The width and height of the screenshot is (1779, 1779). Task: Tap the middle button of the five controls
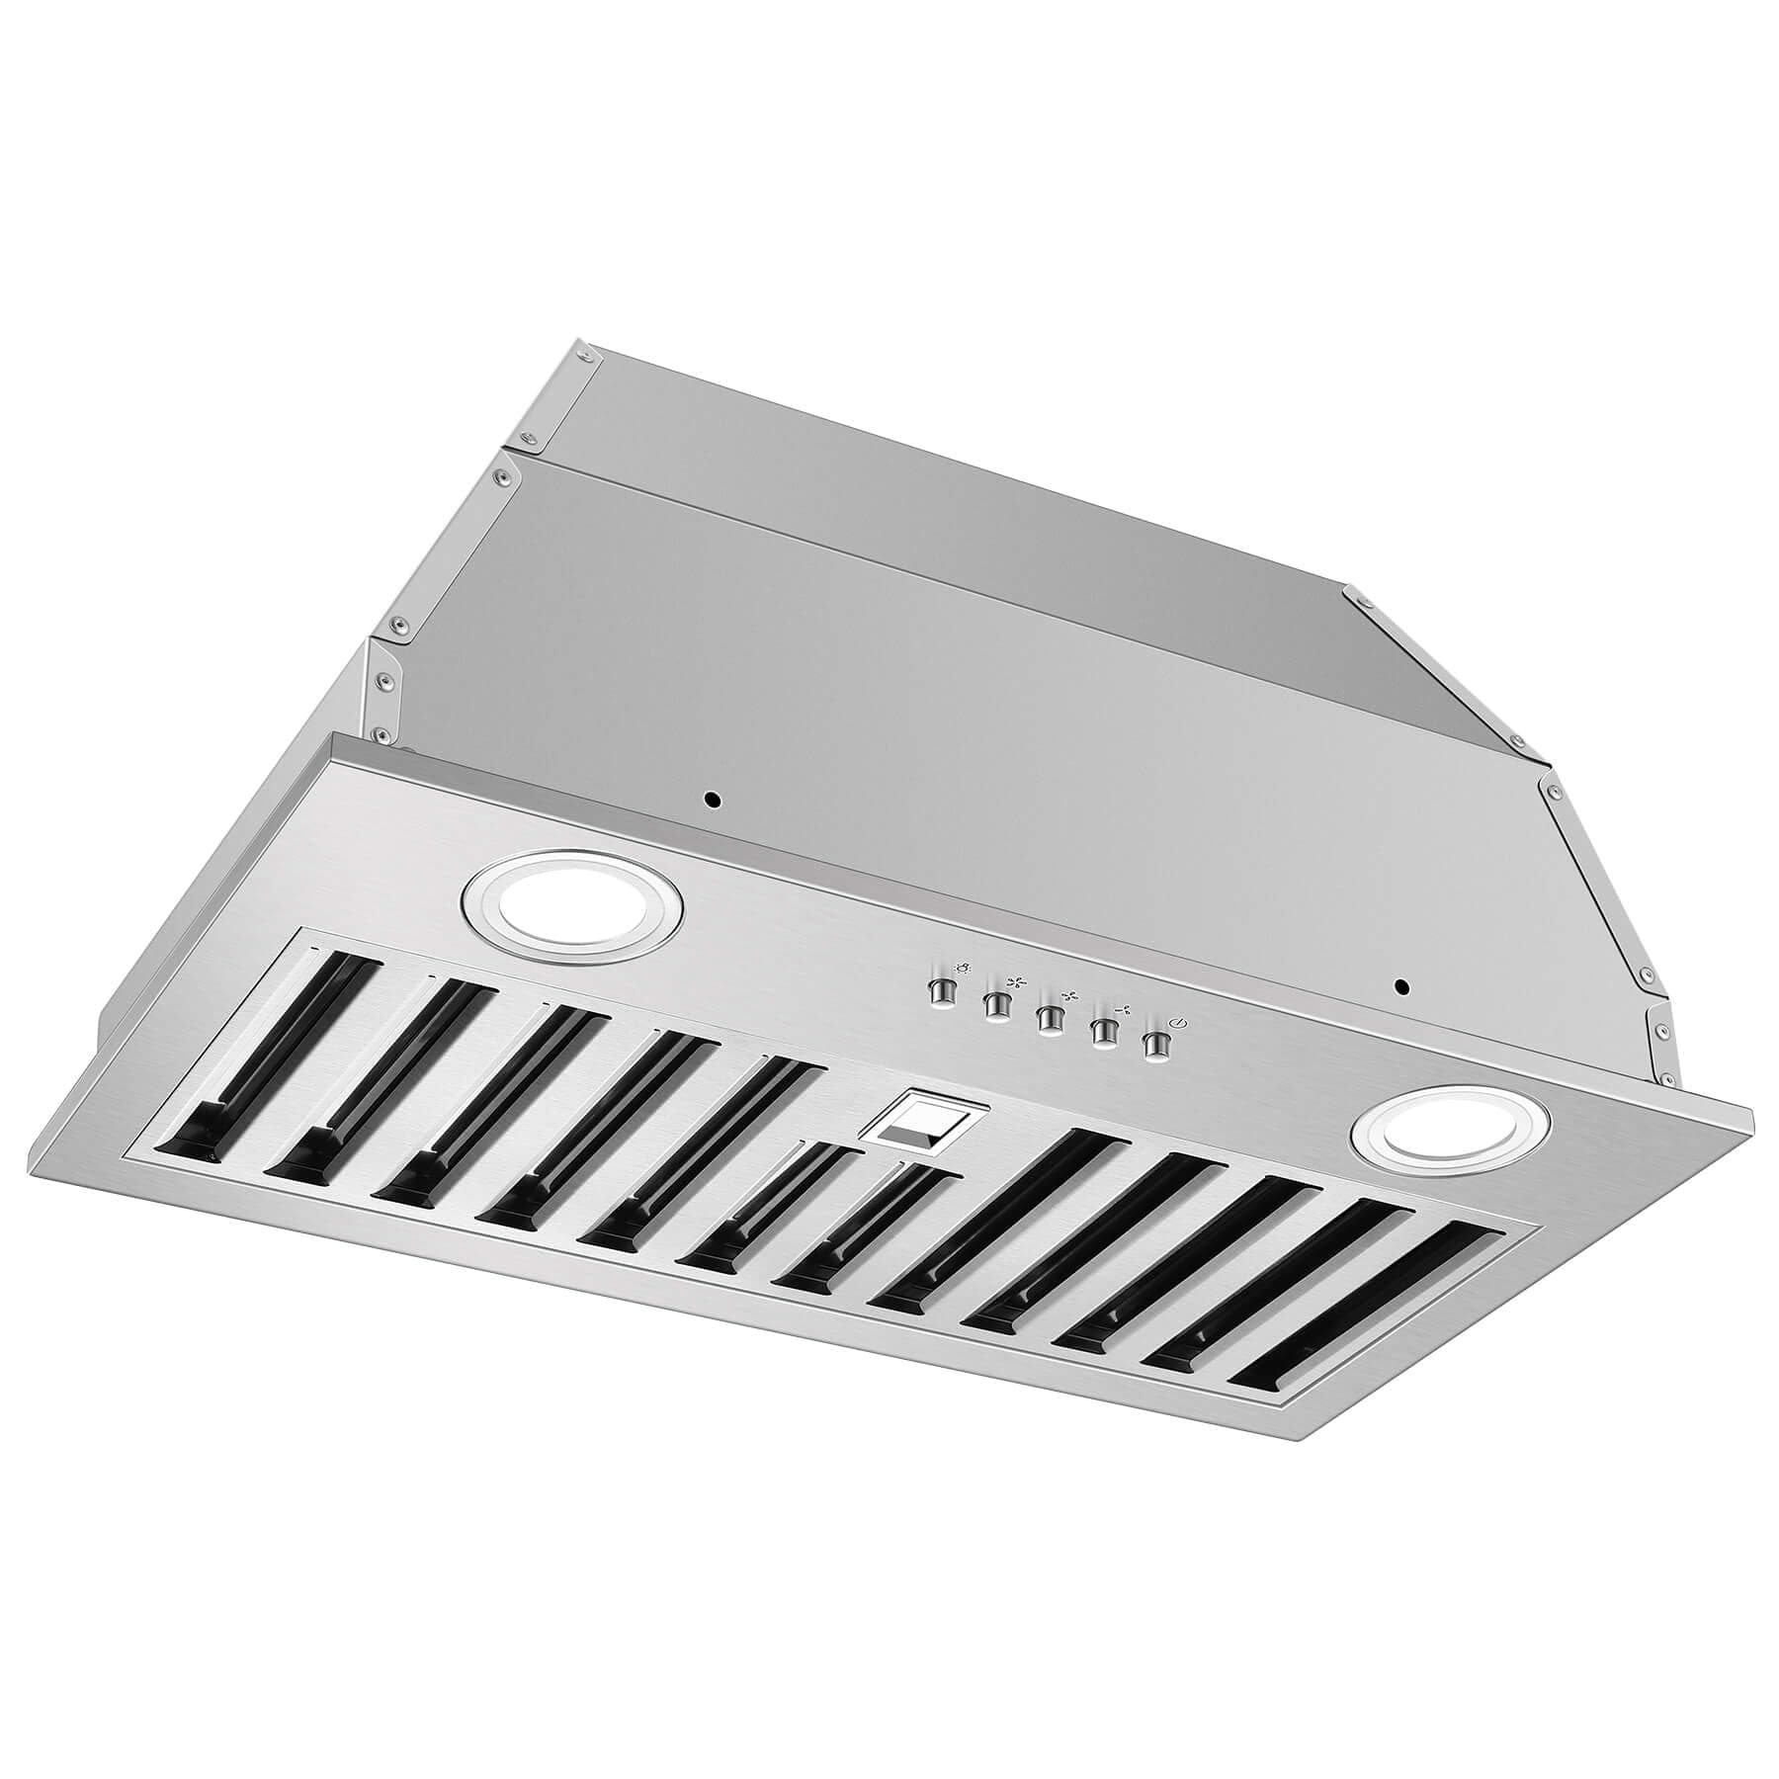(x=1048, y=1018)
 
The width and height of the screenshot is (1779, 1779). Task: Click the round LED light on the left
(x=572, y=907)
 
